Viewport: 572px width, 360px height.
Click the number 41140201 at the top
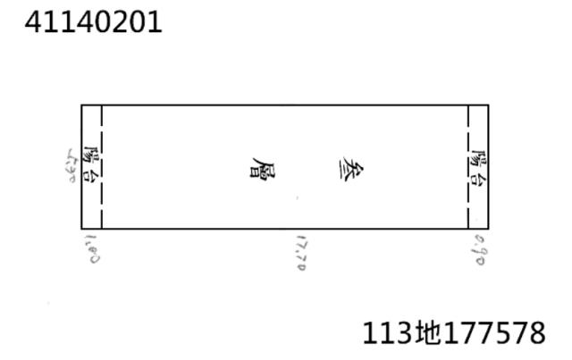coord(94,21)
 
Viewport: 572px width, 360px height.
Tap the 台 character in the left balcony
coord(92,175)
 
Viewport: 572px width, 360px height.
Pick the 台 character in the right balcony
coord(478,176)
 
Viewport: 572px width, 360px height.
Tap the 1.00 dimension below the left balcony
coord(89,247)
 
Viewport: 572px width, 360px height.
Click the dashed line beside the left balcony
coord(102,167)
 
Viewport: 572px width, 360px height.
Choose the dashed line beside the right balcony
coord(468,167)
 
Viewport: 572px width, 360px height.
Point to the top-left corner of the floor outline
coord(82,105)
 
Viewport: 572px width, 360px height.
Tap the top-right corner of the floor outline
coord(488,105)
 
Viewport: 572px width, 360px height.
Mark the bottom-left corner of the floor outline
coord(82,229)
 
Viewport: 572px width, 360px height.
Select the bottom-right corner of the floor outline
coord(488,229)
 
